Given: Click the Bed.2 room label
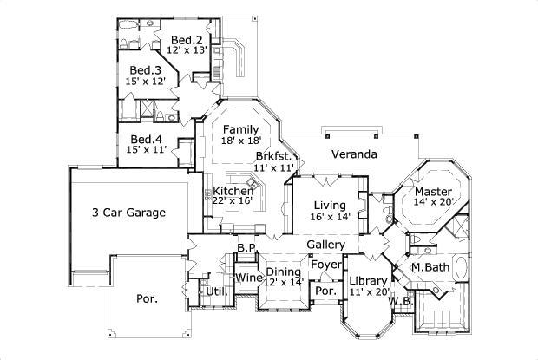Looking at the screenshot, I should (x=186, y=40).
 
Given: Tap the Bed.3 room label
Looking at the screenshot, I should (x=146, y=70).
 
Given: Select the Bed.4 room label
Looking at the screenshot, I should (x=146, y=138).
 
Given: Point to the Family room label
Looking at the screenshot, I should (x=240, y=129).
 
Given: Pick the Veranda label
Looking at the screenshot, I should (x=352, y=154).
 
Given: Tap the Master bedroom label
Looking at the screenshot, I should (x=431, y=192).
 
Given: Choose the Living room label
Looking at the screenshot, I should (x=331, y=205).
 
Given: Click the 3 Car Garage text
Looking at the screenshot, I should (x=128, y=212).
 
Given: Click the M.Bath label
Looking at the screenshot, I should (x=430, y=267).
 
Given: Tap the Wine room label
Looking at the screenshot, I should (x=249, y=278).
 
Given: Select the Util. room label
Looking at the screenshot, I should (x=219, y=291).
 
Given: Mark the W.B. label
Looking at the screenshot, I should (x=400, y=301).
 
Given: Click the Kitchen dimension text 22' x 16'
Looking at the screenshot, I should (x=233, y=200).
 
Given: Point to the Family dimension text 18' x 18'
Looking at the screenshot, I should (x=240, y=141).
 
